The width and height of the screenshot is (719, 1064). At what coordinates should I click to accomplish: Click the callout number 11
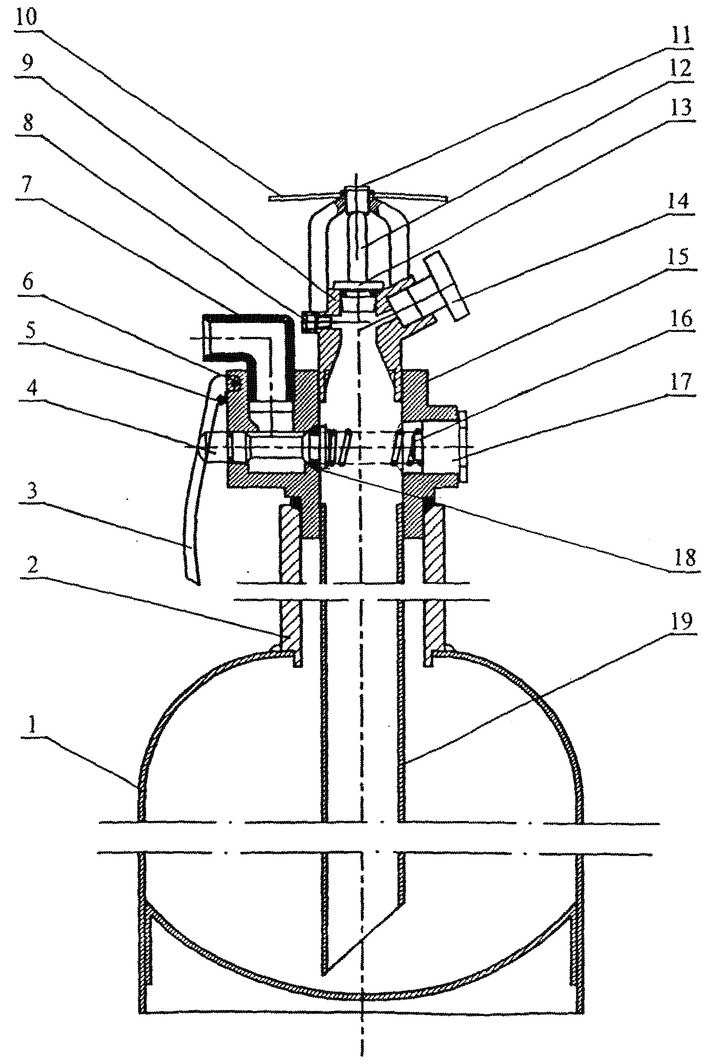point(680,35)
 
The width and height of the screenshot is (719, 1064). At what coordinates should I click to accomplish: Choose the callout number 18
point(685,557)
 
